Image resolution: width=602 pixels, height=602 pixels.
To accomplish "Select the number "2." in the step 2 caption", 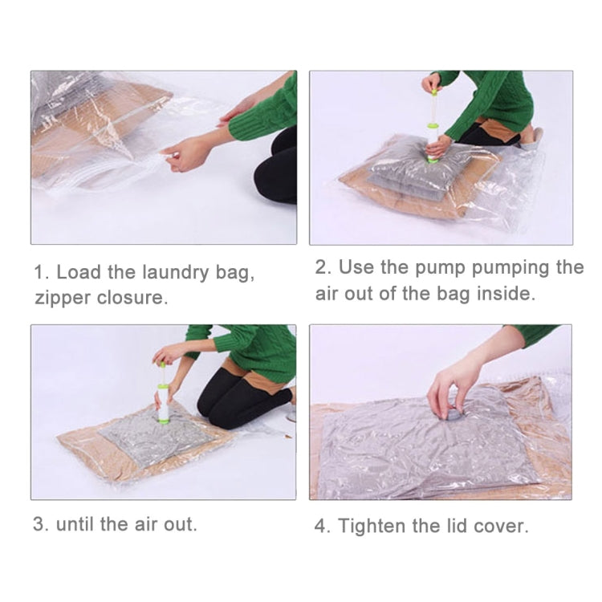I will click(323, 267).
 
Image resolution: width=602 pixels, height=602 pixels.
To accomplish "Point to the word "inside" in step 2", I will click(502, 293).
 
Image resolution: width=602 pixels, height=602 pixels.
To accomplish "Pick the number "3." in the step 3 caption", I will click(41, 524).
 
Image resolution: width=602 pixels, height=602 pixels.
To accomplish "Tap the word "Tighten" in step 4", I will click(373, 527).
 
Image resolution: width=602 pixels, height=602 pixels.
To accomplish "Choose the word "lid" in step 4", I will click(454, 527).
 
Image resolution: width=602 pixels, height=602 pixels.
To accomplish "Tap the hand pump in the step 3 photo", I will click(163, 393).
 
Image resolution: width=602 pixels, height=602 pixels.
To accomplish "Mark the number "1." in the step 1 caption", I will click(41, 273).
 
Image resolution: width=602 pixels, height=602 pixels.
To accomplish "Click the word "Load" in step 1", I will click(78, 273).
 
